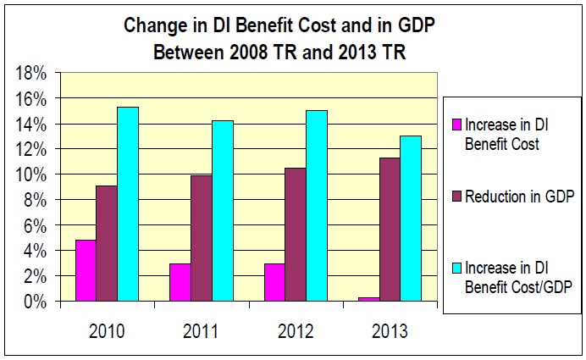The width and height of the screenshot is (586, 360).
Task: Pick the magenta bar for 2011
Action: (180, 282)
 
